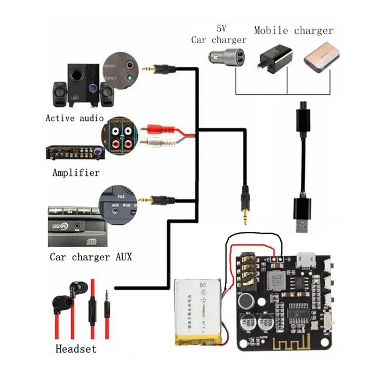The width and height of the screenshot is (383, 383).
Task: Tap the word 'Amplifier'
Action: [x=76, y=172]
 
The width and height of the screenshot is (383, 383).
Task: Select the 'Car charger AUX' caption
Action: [x=91, y=257]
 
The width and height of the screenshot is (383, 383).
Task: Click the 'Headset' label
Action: [x=76, y=349]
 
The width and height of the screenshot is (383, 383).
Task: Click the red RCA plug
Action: [x=154, y=129]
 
